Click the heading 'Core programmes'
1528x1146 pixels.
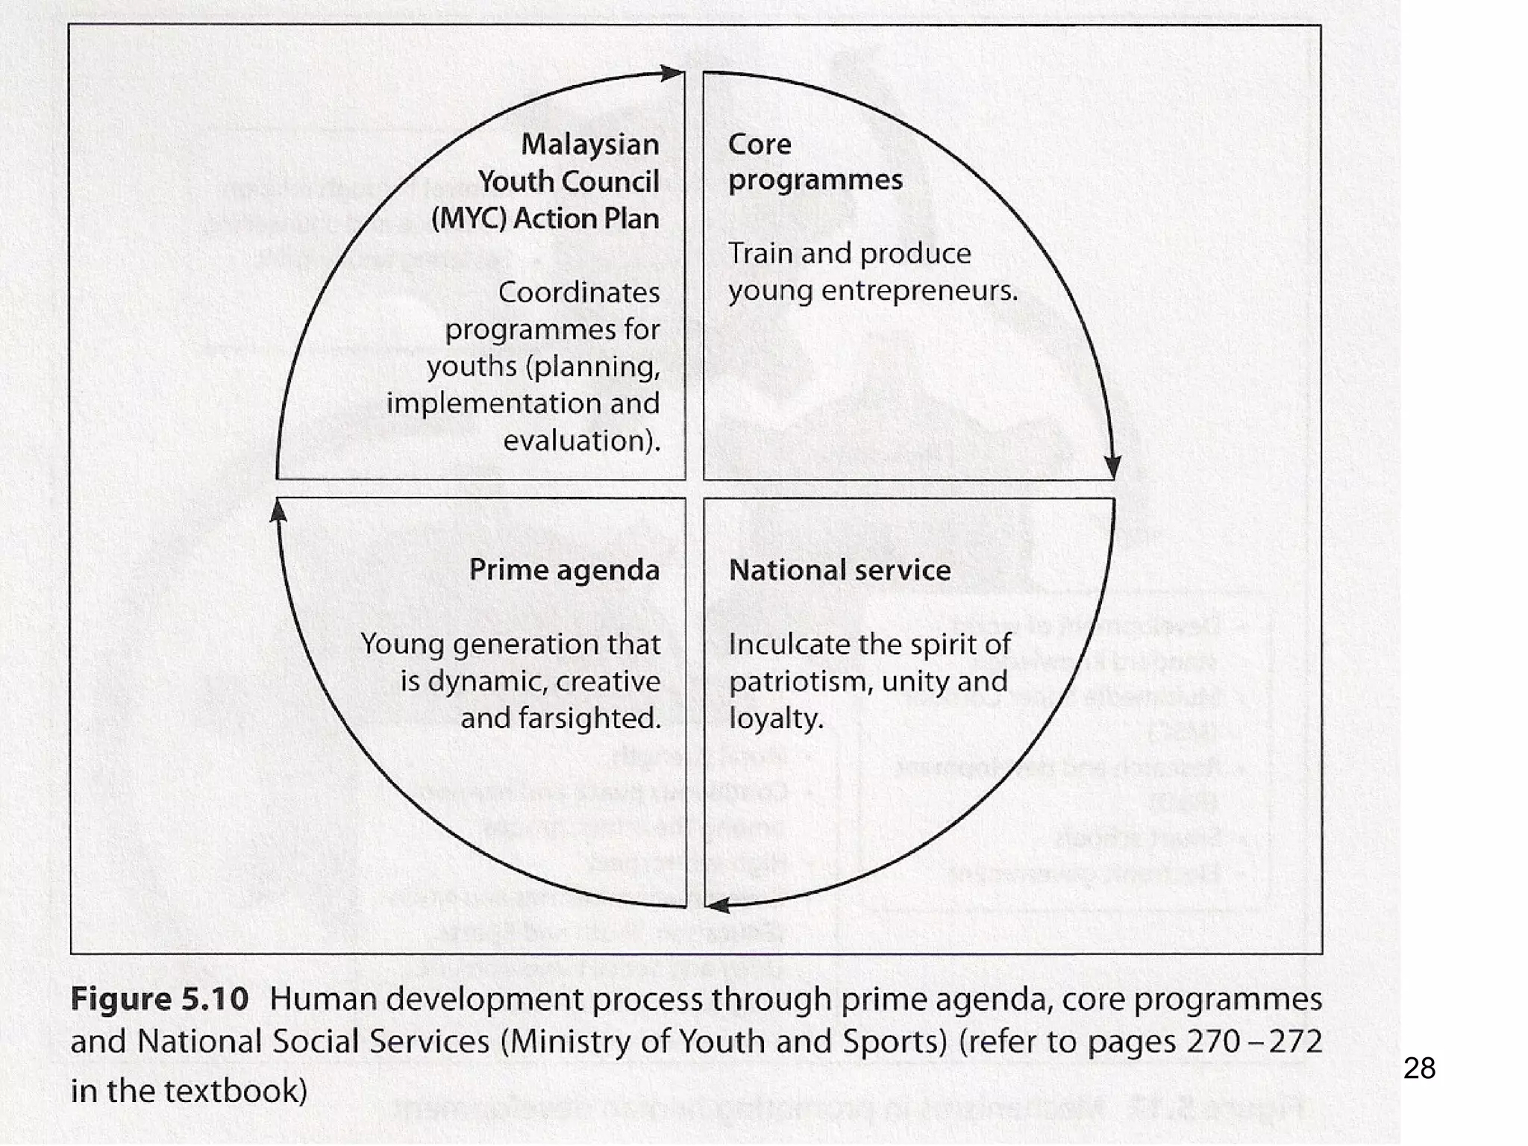coord(815,162)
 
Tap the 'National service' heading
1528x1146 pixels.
coord(839,571)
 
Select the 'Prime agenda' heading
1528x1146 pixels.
coord(564,571)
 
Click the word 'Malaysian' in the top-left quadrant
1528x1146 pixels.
coord(589,145)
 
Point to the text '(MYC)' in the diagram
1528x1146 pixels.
coord(469,219)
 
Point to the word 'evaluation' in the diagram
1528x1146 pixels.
coord(578,441)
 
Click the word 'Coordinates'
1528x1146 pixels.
coord(578,292)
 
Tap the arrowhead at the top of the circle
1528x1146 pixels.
coord(672,73)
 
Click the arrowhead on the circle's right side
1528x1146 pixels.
coord(1112,467)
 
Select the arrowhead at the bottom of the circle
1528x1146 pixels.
coord(718,906)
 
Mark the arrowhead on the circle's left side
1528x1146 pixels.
coord(278,512)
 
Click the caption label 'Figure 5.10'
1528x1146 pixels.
coord(159,999)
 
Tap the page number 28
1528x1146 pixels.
coord(1419,1068)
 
